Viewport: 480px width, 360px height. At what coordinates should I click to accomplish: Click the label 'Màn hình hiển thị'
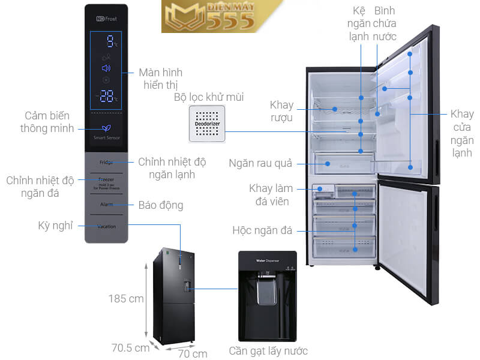(x=160, y=79)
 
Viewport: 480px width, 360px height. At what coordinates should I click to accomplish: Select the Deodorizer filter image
(x=208, y=124)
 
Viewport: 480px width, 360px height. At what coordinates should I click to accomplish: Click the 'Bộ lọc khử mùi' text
(x=209, y=97)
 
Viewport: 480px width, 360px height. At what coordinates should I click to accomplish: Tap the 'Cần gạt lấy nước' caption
(x=268, y=351)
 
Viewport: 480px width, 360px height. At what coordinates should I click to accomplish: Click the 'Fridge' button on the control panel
(x=106, y=162)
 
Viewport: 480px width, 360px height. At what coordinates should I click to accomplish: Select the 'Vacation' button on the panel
(x=106, y=226)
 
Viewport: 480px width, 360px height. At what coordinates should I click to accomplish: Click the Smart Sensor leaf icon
(x=106, y=128)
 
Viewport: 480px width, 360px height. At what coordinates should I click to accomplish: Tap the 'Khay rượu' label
(x=281, y=111)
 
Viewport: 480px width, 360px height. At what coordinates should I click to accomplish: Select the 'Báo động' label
(x=161, y=205)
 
